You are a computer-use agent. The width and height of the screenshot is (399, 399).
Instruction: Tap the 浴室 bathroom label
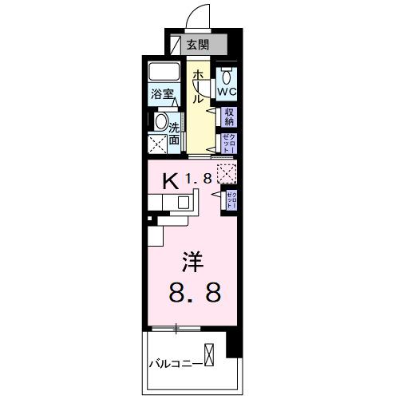pos(163,94)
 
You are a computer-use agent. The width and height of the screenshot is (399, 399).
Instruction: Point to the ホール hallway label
pos(196,85)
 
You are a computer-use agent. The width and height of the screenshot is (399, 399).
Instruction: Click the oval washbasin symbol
pos(160,124)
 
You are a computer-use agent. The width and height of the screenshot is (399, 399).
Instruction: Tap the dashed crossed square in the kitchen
pos(226,172)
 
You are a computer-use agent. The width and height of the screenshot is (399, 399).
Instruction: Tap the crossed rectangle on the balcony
pos(208,353)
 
